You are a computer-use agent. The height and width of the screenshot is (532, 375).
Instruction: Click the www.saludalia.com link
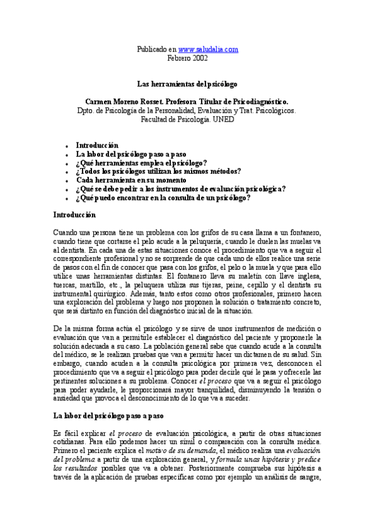coord(208,49)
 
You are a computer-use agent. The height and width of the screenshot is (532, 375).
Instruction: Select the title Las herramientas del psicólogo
coord(187,83)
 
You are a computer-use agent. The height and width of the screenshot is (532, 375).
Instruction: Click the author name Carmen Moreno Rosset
coord(121,100)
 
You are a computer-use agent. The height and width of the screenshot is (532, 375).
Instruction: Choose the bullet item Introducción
coord(97,145)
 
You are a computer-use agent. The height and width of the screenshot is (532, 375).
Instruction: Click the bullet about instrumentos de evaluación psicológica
coord(181,189)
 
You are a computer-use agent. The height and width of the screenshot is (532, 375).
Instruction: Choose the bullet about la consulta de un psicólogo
coord(163,198)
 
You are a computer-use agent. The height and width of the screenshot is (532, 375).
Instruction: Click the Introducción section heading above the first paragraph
coord(74,214)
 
